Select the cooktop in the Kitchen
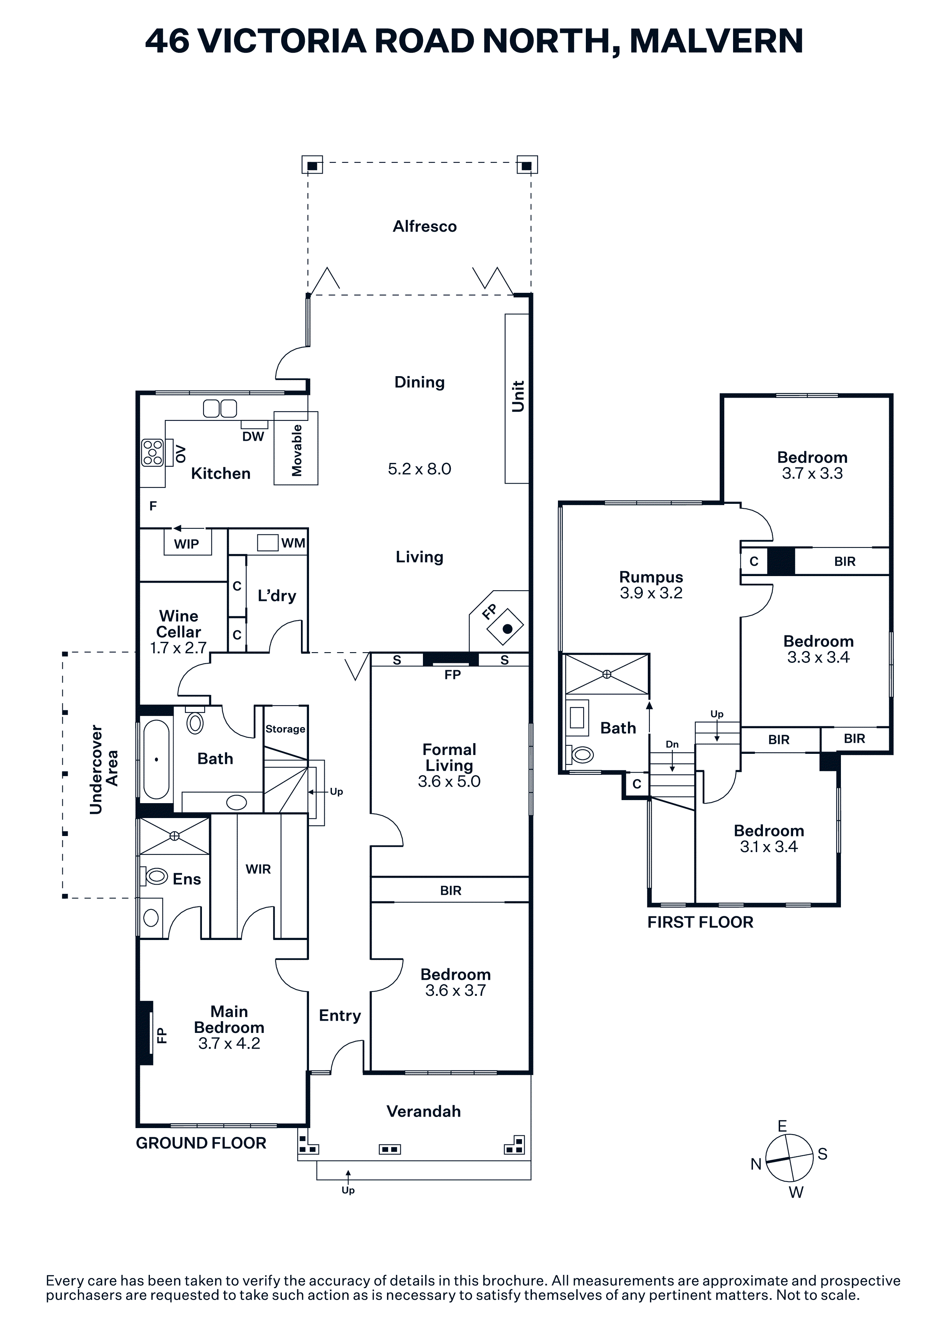click(x=153, y=453)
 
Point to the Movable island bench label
click(x=297, y=450)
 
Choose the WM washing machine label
click(x=293, y=543)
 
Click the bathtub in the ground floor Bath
click(x=156, y=759)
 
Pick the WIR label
click(x=258, y=869)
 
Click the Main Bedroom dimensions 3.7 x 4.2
click(x=229, y=1043)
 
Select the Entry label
click(x=340, y=1016)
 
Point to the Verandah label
click(x=423, y=1112)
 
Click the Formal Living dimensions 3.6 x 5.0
click(x=449, y=781)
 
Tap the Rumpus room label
click(x=651, y=577)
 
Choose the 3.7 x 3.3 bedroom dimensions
click(x=813, y=473)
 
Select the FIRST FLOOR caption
click(x=700, y=922)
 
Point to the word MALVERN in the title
click(x=716, y=41)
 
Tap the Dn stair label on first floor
click(x=672, y=744)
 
